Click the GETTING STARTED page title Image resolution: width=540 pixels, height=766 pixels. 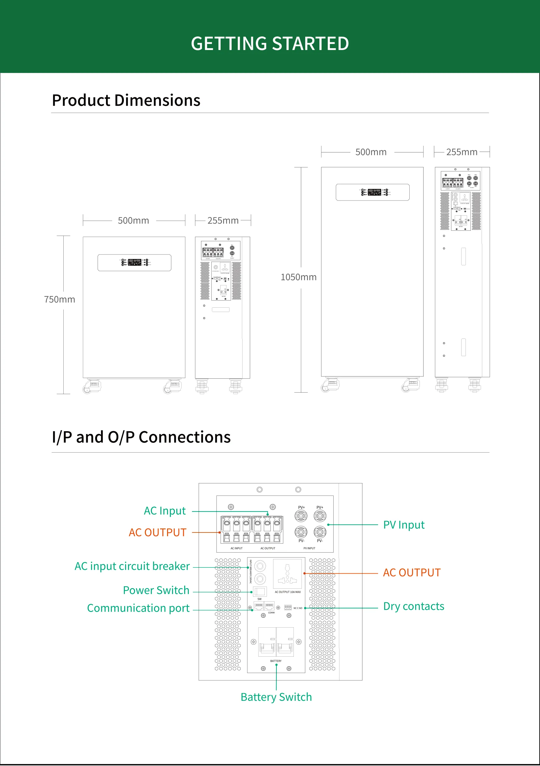click(270, 44)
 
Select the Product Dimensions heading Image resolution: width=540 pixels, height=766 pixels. click(126, 100)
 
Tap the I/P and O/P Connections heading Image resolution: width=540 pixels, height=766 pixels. click(141, 437)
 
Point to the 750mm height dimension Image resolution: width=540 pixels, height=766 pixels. click(59, 299)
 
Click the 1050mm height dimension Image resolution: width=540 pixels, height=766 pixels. click(298, 277)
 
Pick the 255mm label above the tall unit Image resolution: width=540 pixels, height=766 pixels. click(462, 152)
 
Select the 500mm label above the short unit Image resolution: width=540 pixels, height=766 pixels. click(133, 221)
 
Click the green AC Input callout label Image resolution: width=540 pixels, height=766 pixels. click(165, 511)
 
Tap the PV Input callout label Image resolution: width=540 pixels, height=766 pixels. click(403, 525)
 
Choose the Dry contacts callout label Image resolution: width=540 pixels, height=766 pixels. click(414, 606)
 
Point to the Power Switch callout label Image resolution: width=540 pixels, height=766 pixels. click(156, 590)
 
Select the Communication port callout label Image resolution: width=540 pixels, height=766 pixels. click(138, 608)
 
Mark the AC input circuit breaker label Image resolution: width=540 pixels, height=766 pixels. click(132, 566)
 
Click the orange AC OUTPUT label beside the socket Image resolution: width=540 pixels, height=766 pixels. click(411, 573)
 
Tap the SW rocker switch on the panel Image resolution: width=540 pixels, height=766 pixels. click(260, 592)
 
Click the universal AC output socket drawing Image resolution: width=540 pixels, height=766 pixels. click(287, 574)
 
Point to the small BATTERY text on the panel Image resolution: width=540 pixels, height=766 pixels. click(276, 661)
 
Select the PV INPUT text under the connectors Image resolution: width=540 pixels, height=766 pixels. click(309, 548)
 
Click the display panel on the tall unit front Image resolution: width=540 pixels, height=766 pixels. click(373, 192)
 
